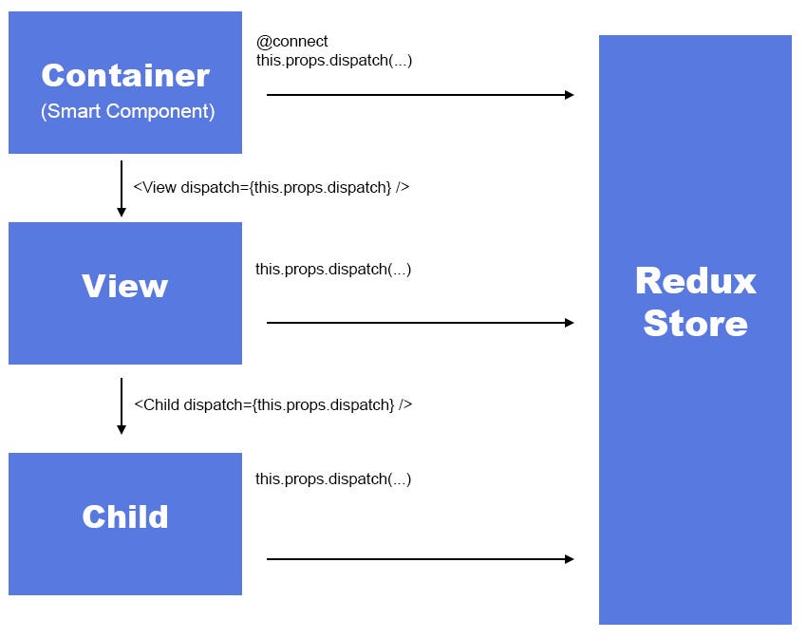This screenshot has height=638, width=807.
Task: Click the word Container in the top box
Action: [125, 75]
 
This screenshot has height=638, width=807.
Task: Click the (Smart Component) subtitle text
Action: [127, 111]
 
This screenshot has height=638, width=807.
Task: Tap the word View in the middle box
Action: [124, 286]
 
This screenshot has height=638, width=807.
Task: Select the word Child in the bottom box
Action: [124, 516]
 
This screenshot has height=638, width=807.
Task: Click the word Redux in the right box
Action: [695, 281]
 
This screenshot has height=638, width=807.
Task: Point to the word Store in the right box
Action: [695, 323]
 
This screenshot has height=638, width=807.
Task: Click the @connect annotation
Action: [292, 42]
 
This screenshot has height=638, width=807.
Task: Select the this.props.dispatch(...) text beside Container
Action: [334, 60]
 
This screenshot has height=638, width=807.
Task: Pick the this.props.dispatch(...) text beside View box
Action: [333, 270]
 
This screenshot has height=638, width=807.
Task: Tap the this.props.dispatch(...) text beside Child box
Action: [333, 479]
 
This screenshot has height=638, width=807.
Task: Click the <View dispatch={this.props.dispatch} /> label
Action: [272, 187]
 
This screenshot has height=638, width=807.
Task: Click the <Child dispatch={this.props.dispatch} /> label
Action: [272, 404]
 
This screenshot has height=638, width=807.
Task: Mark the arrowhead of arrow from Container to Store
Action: [570, 95]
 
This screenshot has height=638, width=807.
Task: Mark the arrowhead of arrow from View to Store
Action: [570, 323]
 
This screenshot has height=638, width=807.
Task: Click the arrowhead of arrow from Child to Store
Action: [570, 559]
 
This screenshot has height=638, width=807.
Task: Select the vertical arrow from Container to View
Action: [122, 188]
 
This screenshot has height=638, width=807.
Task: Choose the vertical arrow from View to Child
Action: [122, 405]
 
